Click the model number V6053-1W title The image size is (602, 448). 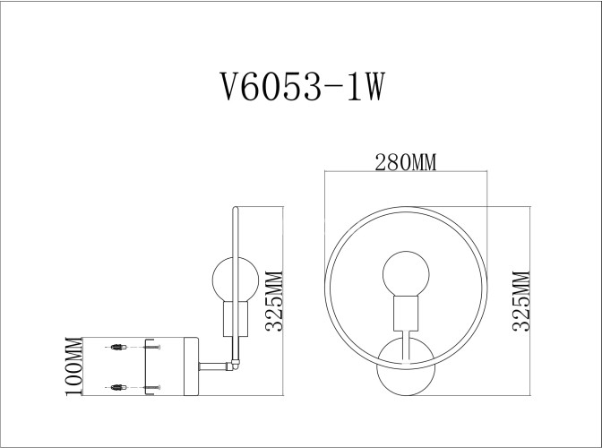click(x=302, y=88)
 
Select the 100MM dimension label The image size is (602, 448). click(x=74, y=366)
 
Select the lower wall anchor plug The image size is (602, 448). click(x=116, y=386)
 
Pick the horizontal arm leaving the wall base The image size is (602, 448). click(x=213, y=365)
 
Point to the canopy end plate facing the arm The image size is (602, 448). click(x=193, y=366)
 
